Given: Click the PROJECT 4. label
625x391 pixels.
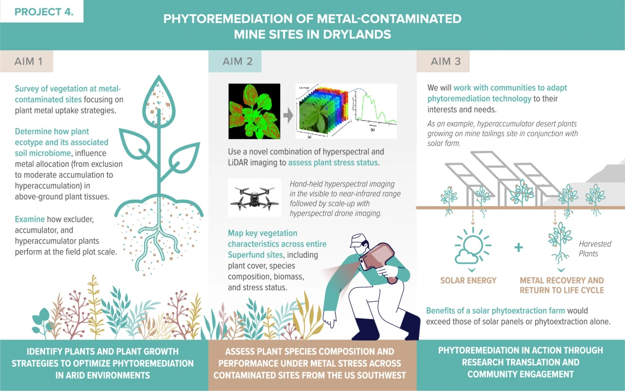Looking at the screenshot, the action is [x=44, y=12].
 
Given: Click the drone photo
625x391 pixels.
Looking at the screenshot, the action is [x=255, y=197].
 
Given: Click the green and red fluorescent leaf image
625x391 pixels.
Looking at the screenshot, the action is [x=254, y=111].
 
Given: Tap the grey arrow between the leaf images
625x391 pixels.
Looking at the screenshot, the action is [x=288, y=115].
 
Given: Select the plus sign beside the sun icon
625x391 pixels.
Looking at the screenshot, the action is [x=519, y=247].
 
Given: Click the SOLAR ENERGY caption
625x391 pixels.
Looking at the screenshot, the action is [x=468, y=281].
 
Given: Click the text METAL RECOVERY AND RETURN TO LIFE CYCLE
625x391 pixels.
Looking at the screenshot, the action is [x=561, y=285].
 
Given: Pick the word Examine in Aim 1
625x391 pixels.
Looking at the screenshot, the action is [x=30, y=219].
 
